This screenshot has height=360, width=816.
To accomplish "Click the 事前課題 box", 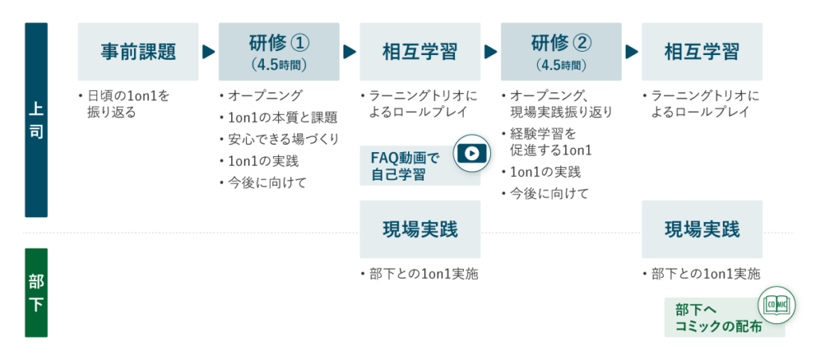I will coord(138,52).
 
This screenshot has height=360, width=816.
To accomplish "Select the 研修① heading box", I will coord(279,51).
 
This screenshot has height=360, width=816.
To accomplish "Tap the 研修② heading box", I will coord(561,51).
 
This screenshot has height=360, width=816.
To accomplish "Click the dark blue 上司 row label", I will coord(36,119).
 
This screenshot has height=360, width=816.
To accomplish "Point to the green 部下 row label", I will coord(36,292).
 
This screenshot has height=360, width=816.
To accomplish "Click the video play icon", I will coord(472,153).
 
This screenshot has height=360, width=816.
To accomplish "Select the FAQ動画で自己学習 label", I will coord(405,166).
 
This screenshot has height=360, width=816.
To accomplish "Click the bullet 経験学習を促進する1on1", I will coord(553,141).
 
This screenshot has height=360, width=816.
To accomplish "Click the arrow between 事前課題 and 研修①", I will coord(209,52).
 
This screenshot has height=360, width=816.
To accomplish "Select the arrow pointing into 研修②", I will coord(491,52).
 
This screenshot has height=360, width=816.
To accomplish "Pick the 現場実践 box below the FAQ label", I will coord(420,229).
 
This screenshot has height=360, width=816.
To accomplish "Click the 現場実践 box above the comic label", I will coord(702,229).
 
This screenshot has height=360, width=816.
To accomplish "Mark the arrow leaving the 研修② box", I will coord(632,52).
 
